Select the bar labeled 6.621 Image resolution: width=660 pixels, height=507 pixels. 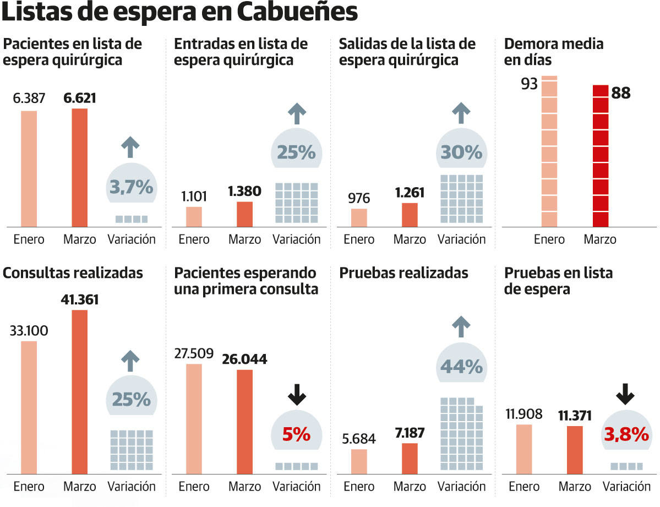click(79, 167)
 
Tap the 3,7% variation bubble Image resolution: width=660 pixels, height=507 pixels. click(131, 187)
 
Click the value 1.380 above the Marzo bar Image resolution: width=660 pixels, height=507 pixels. click(244, 192)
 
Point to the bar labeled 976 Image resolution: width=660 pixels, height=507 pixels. click(359, 217)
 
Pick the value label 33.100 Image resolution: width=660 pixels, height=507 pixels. click(29, 331)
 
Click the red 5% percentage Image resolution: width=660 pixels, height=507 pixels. click(296, 435)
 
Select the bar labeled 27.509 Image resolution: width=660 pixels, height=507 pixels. click(194, 418)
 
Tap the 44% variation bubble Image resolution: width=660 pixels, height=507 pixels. click(461, 366)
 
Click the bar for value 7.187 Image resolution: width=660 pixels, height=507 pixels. click(410, 458)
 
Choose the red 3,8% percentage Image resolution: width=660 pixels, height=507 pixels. click(626, 435)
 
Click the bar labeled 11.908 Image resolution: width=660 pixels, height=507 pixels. click(524, 449)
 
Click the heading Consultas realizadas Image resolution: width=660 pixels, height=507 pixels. click(73, 273)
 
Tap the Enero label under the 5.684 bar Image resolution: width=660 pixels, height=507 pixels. click(359, 487)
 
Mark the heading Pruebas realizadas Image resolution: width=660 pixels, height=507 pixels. click(403, 273)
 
